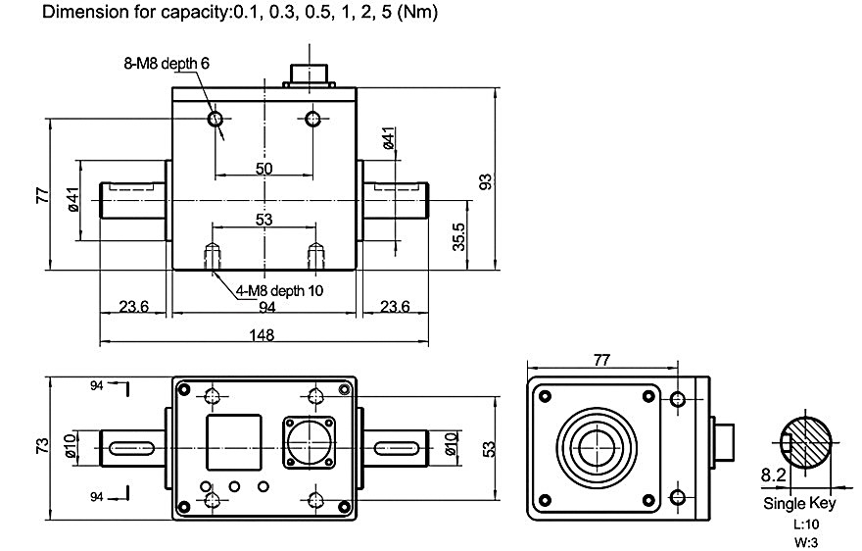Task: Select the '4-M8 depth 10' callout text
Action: (x=279, y=290)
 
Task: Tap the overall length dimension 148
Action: (x=263, y=334)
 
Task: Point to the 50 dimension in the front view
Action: (x=263, y=169)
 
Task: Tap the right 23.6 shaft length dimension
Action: (x=394, y=307)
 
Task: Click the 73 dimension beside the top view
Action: (x=42, y=446)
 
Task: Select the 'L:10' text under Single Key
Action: (x=800, y=524)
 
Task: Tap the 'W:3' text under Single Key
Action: (x=800, y=540)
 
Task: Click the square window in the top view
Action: (x=233, y=443)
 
